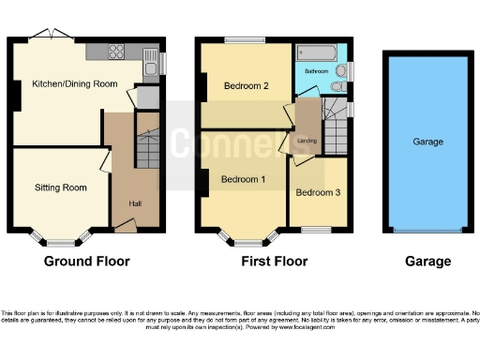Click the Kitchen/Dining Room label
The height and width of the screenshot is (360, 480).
click(75, 84)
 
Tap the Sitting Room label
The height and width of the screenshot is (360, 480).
click(62, 187)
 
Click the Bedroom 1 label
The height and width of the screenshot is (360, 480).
click(243, 179)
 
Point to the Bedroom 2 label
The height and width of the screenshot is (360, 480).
click(246, 86)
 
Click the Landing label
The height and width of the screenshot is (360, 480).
click(307, 141)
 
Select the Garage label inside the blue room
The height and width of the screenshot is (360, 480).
click(427, 142)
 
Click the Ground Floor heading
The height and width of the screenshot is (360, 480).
click(86, 262)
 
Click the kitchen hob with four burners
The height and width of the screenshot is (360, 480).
click(118, 52)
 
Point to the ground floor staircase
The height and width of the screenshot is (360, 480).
click(145, 145)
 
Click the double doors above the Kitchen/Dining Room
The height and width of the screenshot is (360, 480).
click(41, 35)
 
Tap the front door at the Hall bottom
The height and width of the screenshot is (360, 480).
click(124, 225)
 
